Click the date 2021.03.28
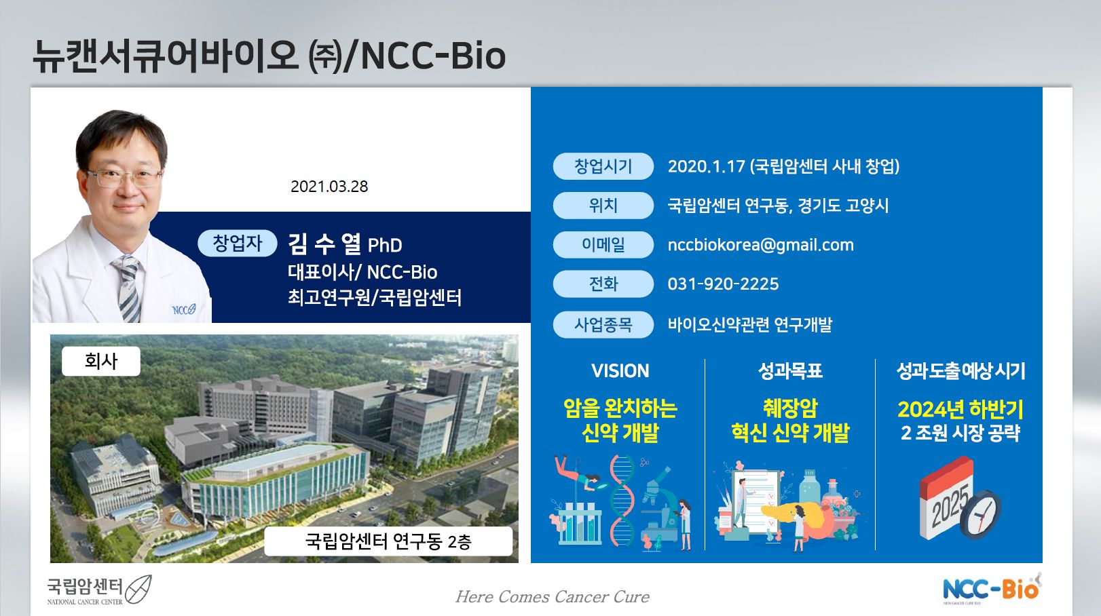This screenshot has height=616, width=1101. pyautogui.click(x=329, y=187)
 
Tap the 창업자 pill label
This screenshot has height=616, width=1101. pyautogui.click(x=238, y=243)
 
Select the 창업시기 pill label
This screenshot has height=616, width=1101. pyautogui.click(x=603, y=166)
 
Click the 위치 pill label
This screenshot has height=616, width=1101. pyautogui.click(x=603, y=206)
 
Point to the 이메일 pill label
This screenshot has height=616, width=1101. pyautogui.click(x=603, y=245)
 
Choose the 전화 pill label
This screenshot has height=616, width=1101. pyautogui.click(x=603, y=284)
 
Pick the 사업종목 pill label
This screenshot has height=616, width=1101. pyautogui.click(x=603, y=325)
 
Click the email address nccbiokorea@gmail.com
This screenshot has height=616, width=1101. pyautogui.click(x=760, y=245)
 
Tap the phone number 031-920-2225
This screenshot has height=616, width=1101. pyautogui.click(x=723, y=284)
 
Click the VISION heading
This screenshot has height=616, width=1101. pyautogui.click(x=620, y=371)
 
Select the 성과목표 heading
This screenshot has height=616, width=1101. pyautogui.click(x=790, y=371)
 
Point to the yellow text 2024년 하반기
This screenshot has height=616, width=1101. pyautogui.click(x=960, y=409)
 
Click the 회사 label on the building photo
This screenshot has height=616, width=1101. pyautogui.click(x=101, y=362)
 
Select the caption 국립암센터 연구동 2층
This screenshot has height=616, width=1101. pyautogui.click(x=388, y=541)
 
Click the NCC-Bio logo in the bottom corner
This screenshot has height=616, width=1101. pyautogui.click(x=992, y=588)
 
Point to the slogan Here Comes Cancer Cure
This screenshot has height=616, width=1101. pyautogui.click(x=553, y=597)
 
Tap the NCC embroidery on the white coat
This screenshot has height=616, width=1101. pyautogui.click(x=184, y=309)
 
